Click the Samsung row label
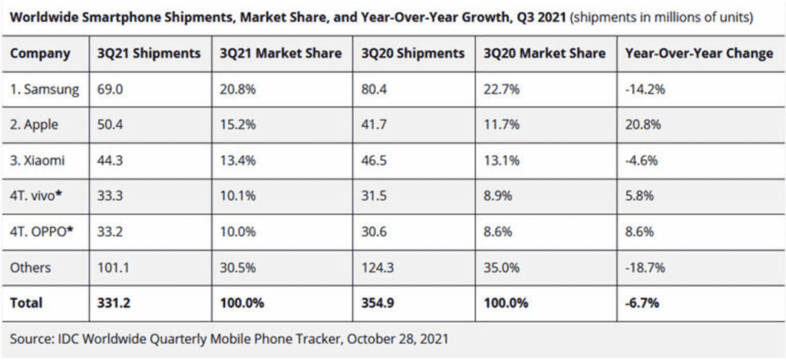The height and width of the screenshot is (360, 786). point(45,90)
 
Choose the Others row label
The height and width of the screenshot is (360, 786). point(31,267)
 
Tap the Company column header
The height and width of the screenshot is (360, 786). point(41,54)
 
